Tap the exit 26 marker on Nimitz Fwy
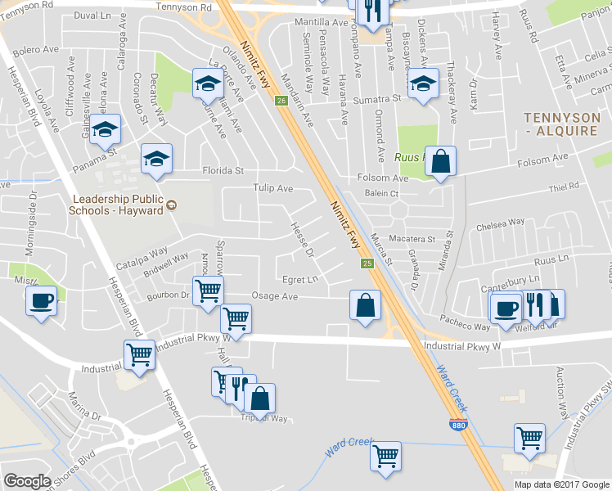tap(281, 101)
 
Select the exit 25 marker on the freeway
tap(367, 264)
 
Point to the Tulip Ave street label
tap(272, 188)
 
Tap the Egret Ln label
tap(299, 279)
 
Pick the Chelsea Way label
tap(505, 222)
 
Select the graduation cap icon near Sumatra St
tap(422, 84)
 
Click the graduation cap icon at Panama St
tap(105, 131)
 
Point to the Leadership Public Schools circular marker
tap(171, 205)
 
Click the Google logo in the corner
tap(27, 481)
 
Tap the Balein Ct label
tap(381, 194)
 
